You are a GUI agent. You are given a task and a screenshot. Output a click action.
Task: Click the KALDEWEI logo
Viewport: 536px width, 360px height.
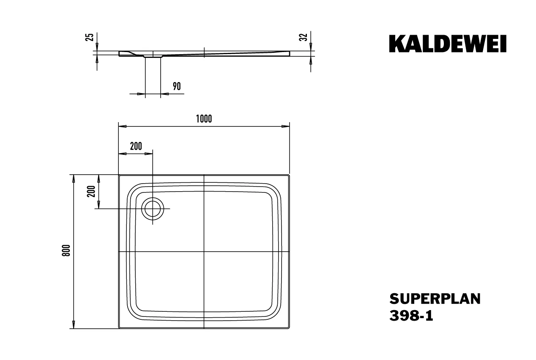click(x=448, y=44)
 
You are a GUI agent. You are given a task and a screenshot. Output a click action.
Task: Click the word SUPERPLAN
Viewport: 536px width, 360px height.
click(x=435, y=299)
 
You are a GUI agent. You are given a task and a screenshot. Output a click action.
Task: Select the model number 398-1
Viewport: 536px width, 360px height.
click(x=410, y=316)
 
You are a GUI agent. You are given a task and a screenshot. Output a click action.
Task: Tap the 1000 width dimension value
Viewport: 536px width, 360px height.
click(x=204, y=119)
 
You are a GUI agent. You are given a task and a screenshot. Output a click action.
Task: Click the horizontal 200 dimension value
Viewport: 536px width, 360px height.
click(x=136, y=146)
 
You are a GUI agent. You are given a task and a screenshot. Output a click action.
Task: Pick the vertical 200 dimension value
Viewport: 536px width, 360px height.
click(x=90, y=192)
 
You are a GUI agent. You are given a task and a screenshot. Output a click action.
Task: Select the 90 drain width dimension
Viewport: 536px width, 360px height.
click(x=177, y=86)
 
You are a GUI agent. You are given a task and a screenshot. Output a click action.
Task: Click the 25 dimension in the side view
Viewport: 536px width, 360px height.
click(x=90, y=37)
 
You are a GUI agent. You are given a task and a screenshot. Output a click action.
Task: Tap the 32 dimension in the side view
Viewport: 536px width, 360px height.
click(x=303, y=37)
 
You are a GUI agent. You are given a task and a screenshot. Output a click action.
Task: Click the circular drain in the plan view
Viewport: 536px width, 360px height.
click(x=153, y=209)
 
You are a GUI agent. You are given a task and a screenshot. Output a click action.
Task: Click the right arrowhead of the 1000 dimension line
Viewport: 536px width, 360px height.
click(x=286, y=126)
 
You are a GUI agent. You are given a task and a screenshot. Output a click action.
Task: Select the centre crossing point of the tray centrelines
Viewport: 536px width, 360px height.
click(x=204, y=252)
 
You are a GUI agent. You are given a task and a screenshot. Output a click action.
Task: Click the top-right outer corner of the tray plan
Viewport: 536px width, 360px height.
click(x=289, y=174)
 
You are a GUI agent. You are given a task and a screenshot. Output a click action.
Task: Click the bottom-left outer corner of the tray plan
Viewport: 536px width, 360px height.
click(x=119, y=329)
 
